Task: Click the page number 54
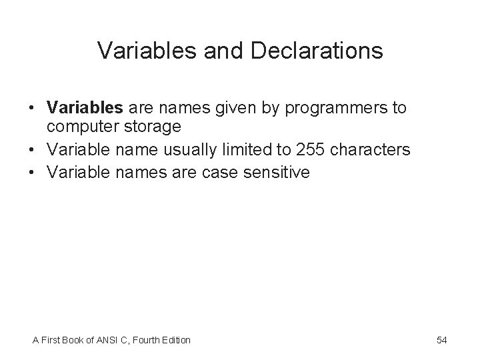point(441,340)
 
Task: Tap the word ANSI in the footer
point(105,340)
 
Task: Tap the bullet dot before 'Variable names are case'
point(32,173)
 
